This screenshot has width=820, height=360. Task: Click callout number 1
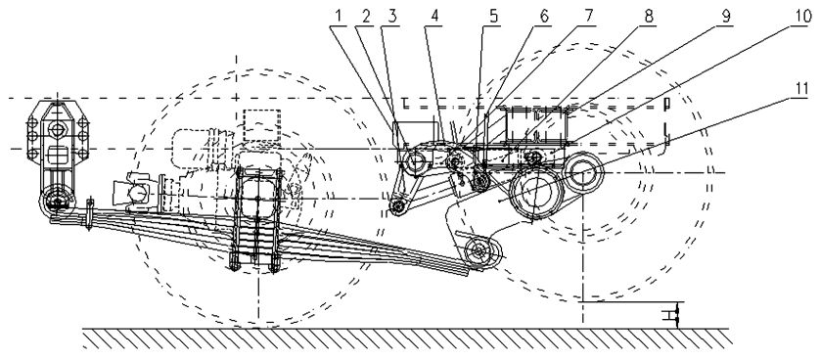(339, 17)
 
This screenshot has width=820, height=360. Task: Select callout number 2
(366, 17)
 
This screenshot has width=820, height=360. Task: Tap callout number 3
(391, 17)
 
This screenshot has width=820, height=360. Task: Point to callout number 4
(434, 17)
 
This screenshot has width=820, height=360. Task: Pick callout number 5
(494, 17)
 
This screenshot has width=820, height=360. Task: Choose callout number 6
(544, 17)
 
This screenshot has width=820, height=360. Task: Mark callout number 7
(589, 17)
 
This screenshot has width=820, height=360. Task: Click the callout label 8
(649, 17)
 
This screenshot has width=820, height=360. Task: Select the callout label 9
(725, 17)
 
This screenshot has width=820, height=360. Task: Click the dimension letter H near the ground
(666, 315)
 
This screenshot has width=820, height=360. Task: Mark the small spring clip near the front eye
(90, 213)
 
